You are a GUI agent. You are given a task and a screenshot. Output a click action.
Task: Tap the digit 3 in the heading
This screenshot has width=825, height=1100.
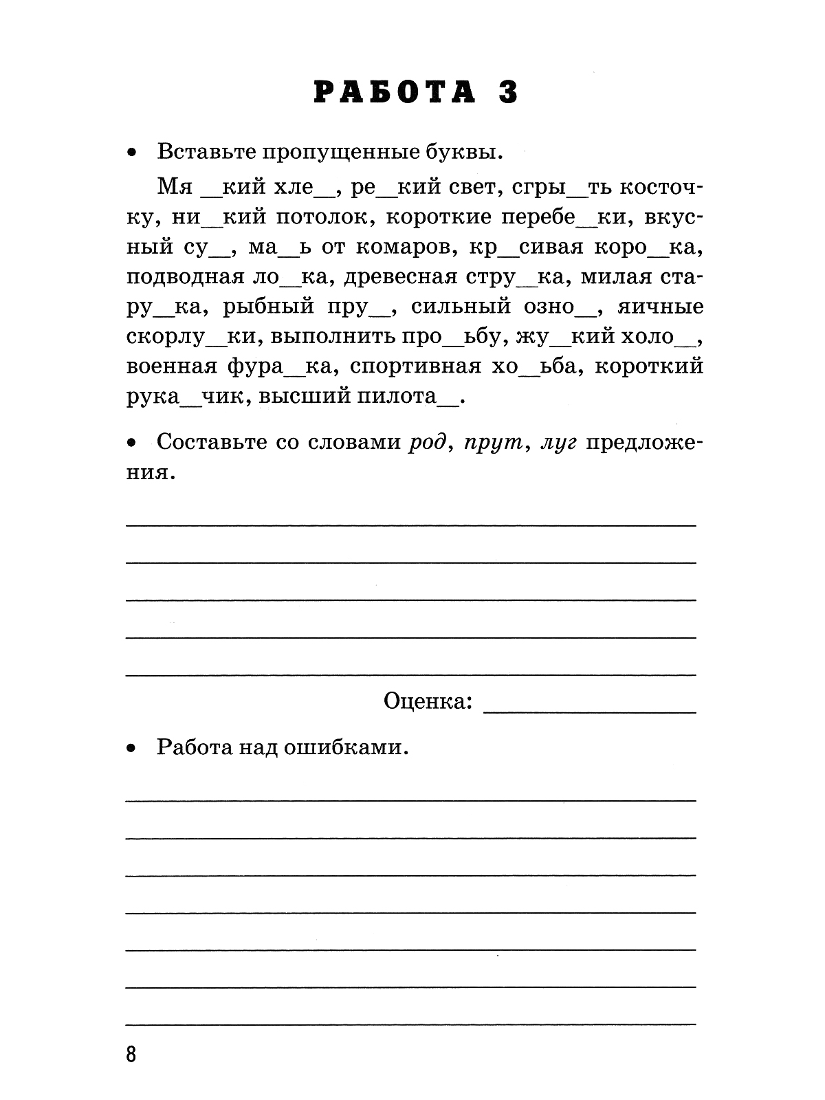click(x=508, y=92)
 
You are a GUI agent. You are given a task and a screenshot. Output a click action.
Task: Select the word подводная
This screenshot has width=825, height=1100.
click(x=186, y=277)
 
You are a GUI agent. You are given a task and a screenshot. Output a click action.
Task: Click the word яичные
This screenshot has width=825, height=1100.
click(x=661, y=307)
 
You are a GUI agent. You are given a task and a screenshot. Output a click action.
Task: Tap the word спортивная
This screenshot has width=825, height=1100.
click(x=415, y=366)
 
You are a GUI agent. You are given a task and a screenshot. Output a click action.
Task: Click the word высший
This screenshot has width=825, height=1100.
click(x=334, y=397)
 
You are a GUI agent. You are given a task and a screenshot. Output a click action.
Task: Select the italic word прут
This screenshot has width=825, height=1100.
click(x=493, y=442)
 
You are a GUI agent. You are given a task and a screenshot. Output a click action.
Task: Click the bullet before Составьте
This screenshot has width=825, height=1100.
click(x=132, y=443)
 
